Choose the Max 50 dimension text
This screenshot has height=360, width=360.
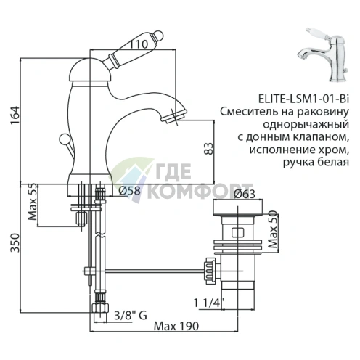(x=274, y=231)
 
